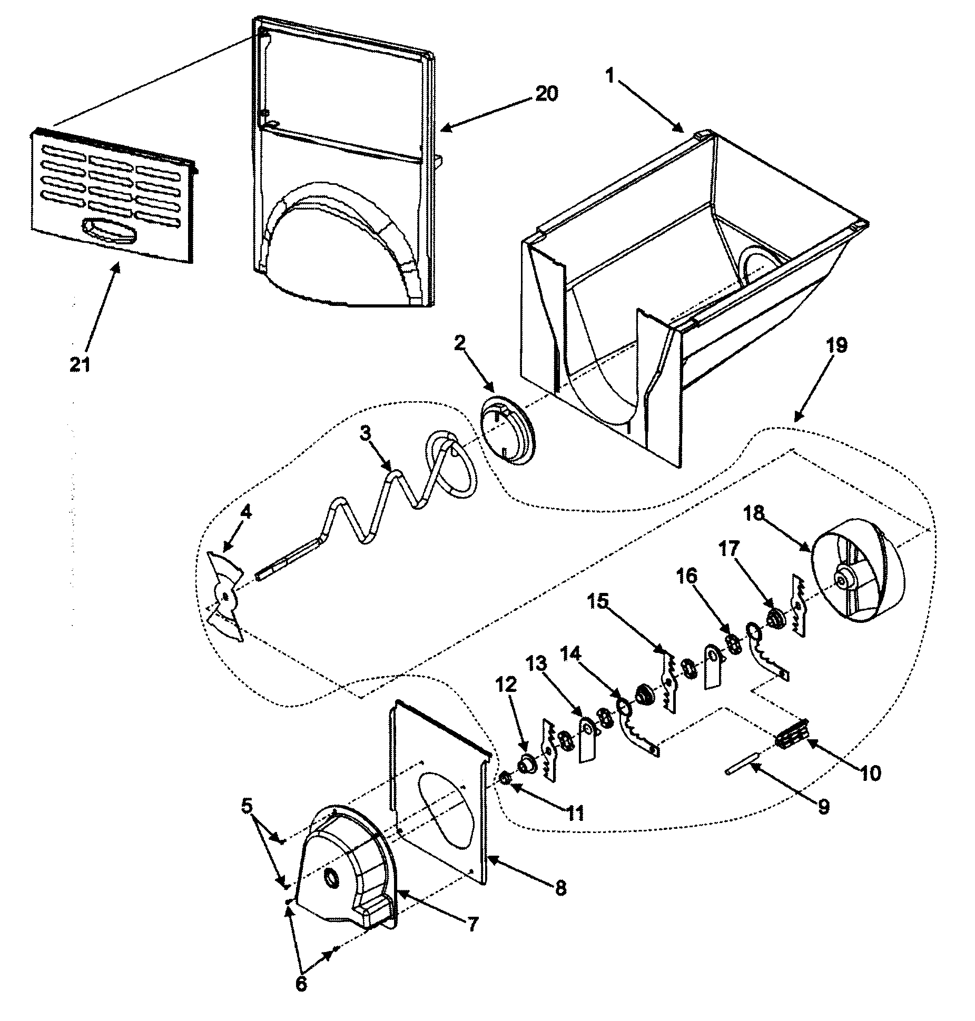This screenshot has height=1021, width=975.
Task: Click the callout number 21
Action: coord(80,364)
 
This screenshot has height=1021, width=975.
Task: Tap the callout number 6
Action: coord(301,984)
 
